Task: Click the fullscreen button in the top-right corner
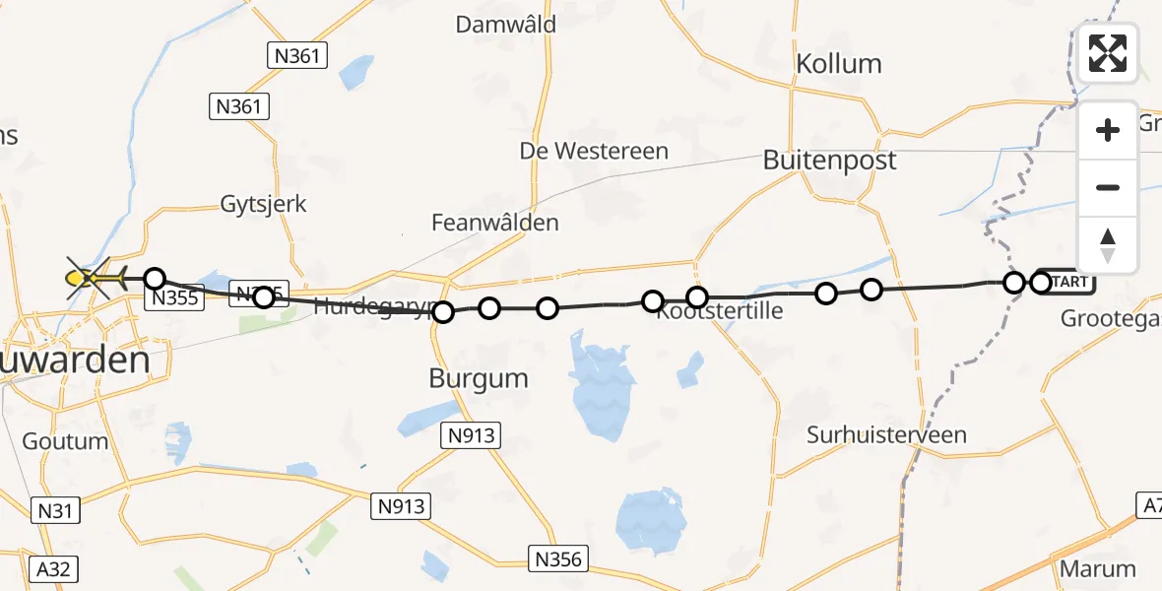point(1108,52)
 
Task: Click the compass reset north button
point(1108,245)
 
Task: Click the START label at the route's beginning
point(1067,283)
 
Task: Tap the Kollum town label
point(838,65)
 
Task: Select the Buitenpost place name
point(829,161)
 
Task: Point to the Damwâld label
point(505,25)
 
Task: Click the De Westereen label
point(594,152)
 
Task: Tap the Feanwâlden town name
point(494,223)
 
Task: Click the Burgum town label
point(479,378)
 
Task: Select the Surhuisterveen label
point(886,434)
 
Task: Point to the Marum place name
point(1097,568)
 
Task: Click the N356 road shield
point(558,559)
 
